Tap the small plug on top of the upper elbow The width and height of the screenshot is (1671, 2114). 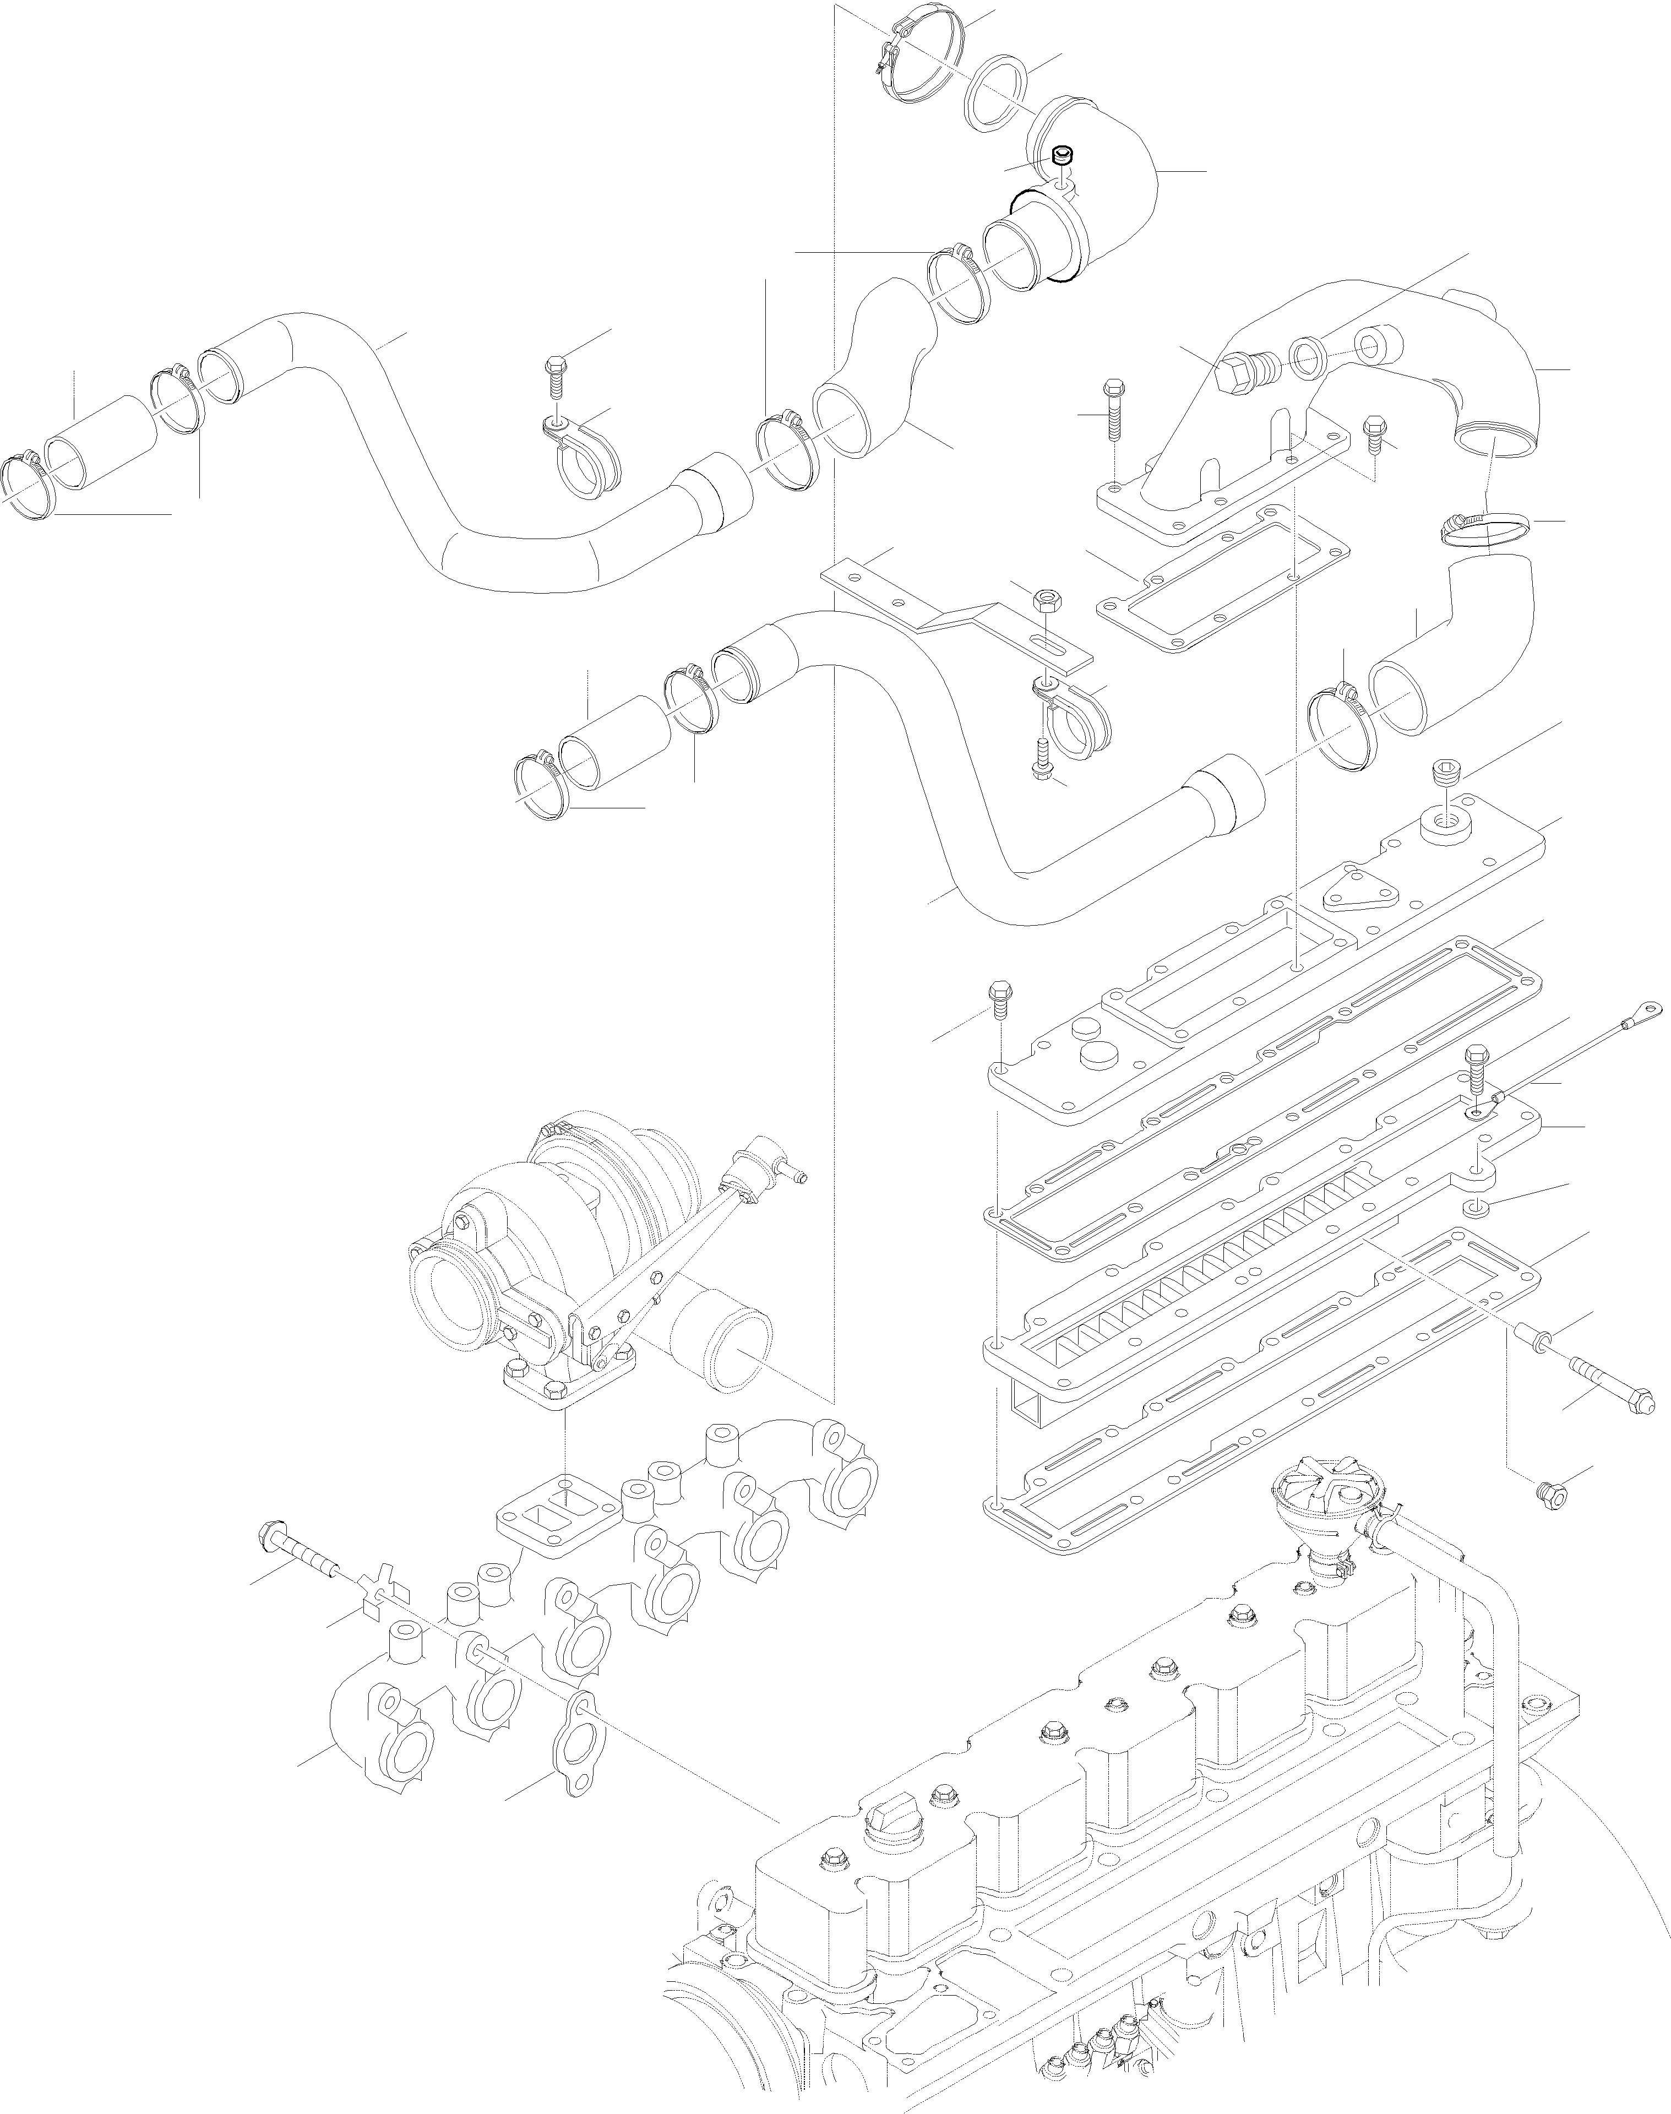click(1063, 156)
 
